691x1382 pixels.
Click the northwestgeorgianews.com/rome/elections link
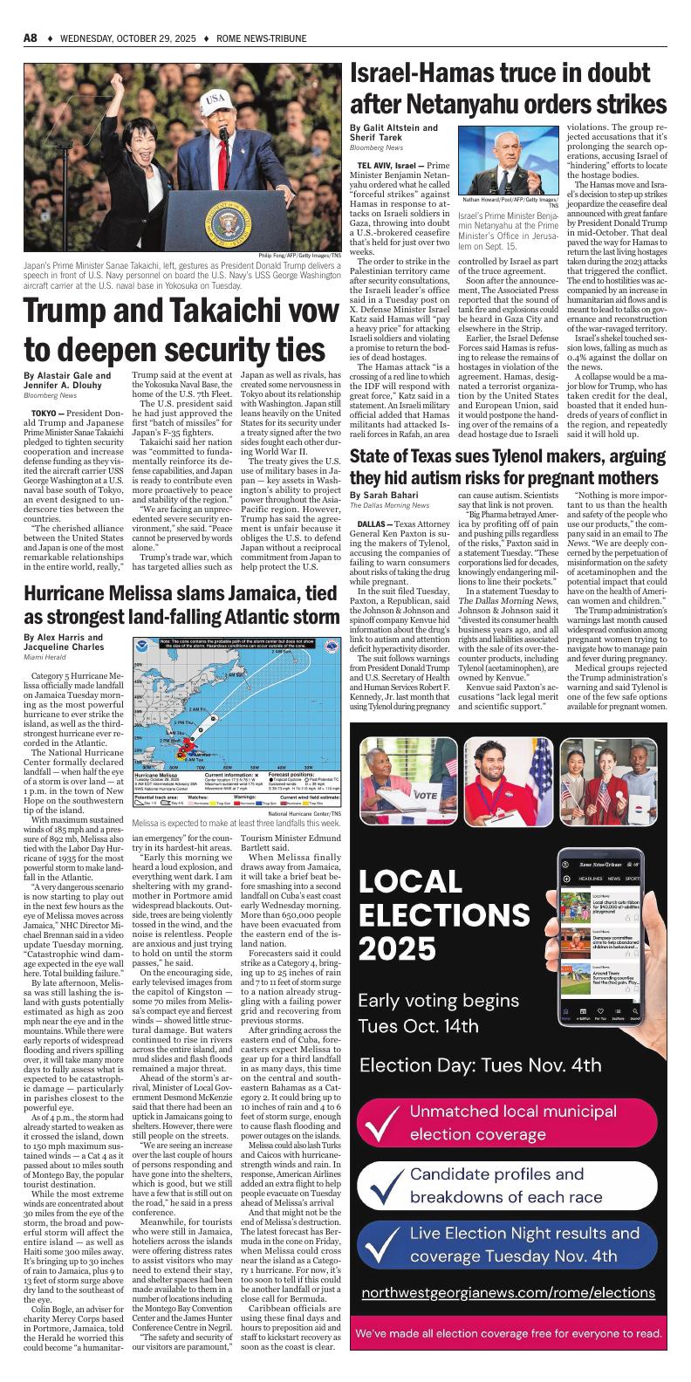(x=508, y=1293)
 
